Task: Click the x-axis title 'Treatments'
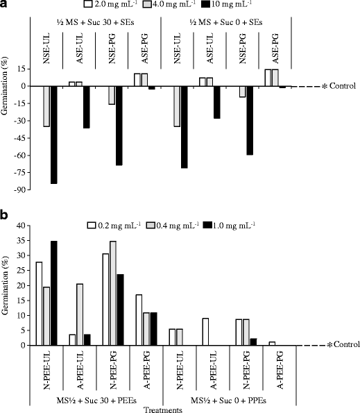(x=164, y=409)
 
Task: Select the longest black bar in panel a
(x=53, y=135)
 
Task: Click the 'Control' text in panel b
(x=343, y=346)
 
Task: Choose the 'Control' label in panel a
(x=343, y=86)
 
